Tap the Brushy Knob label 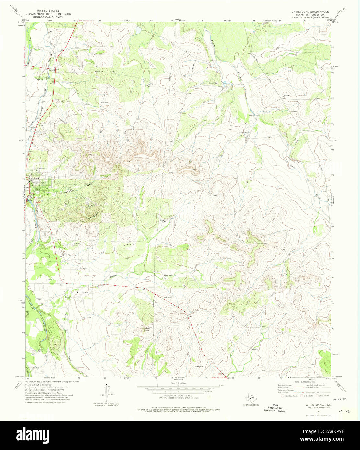point(144,329)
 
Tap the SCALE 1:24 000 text point(177,383)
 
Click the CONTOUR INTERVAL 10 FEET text point(177,396)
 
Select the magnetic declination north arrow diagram point(106,393)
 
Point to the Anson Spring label point(41,350)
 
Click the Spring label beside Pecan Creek point(251,115)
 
